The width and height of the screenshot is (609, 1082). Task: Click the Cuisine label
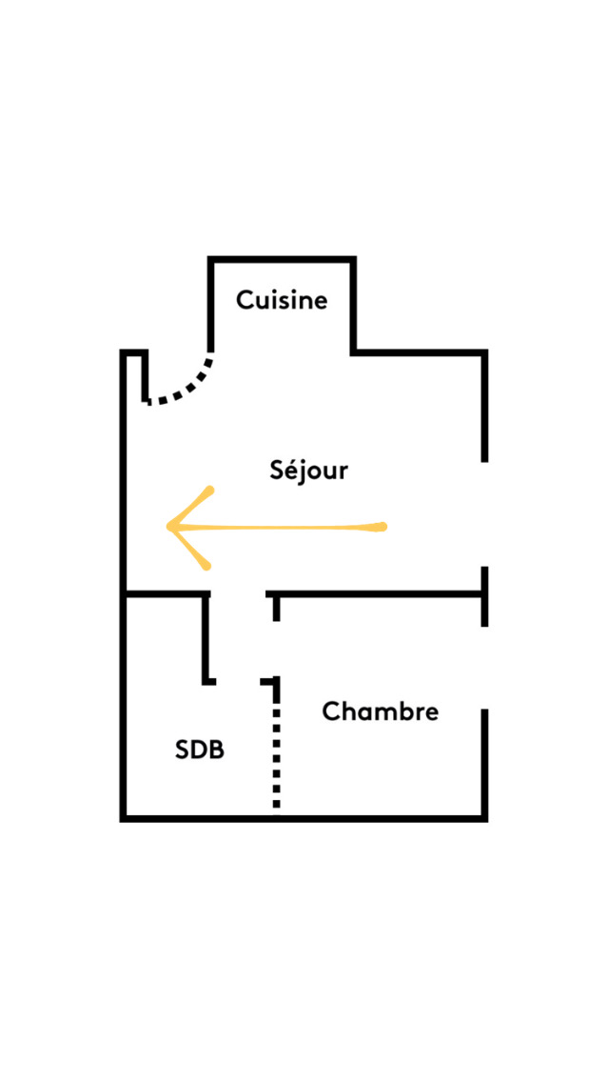[x=282, y=301]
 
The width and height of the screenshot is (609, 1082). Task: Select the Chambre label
[x=380, y=711]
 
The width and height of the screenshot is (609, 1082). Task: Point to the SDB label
[x=199, y=751]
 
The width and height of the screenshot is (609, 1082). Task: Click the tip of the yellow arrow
[x=168, y=528]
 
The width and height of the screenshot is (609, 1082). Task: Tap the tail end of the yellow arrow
[x=383, y=528]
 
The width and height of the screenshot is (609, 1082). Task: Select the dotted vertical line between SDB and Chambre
[x=277, y=746]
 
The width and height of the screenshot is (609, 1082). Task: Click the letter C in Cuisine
[x=246, y=301]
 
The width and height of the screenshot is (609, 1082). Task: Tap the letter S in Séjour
[x=277, y=471]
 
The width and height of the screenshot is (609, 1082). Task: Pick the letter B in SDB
[x=217, y=751]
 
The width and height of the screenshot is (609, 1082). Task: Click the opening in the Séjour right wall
[x=485, y=514]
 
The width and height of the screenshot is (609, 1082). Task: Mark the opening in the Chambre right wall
[x=485, y=668]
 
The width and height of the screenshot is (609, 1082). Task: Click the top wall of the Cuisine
[x=282, y=259]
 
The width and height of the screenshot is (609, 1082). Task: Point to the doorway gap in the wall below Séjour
[x=238, y=593]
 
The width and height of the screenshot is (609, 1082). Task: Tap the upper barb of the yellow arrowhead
[x=189, y=508]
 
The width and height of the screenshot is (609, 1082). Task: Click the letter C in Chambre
[x=332, y=711]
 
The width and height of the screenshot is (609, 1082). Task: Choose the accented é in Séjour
[x=293, y=471]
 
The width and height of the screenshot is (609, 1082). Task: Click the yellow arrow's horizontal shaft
[x=277, y=528]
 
